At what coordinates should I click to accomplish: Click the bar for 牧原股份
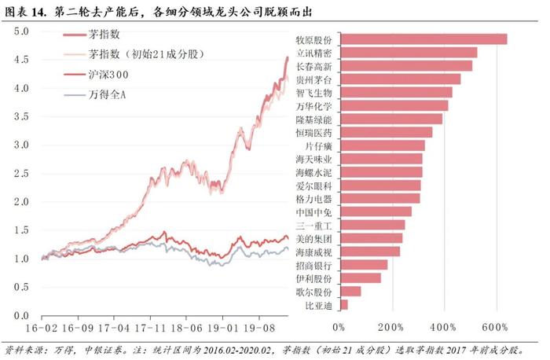coord(423,39)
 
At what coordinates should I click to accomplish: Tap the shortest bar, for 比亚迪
coord(343,304)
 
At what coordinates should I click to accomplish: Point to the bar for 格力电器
coord(379,198)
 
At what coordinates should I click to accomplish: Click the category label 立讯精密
coord(313,53)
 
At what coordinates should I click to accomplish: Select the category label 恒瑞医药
coord(313,132)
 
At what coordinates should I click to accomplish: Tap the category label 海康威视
coord(313,252)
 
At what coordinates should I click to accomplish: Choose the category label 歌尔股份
coord(313,292)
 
